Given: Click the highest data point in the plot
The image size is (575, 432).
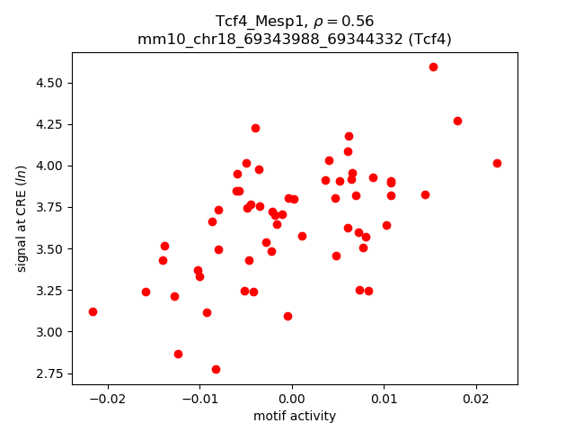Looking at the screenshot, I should (x=433, y=67).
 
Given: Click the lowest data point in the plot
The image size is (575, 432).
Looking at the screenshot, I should (x=216, y=369).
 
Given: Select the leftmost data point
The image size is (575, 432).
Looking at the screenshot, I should (x=93, y=311).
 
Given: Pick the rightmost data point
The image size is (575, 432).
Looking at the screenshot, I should (x=497, y=163).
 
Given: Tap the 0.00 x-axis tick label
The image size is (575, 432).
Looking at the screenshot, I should (x=292, y=398).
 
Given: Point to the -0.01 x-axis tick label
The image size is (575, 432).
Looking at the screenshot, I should (x=199, y=398).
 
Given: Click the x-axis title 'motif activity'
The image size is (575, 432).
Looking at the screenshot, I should (x=295, y=416).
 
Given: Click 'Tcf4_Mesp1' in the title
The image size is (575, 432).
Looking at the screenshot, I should (x=253, y=21).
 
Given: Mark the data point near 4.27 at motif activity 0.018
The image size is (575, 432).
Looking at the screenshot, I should (x=457, y=121).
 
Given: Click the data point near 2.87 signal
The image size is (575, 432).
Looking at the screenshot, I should (x=178, y=354).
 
